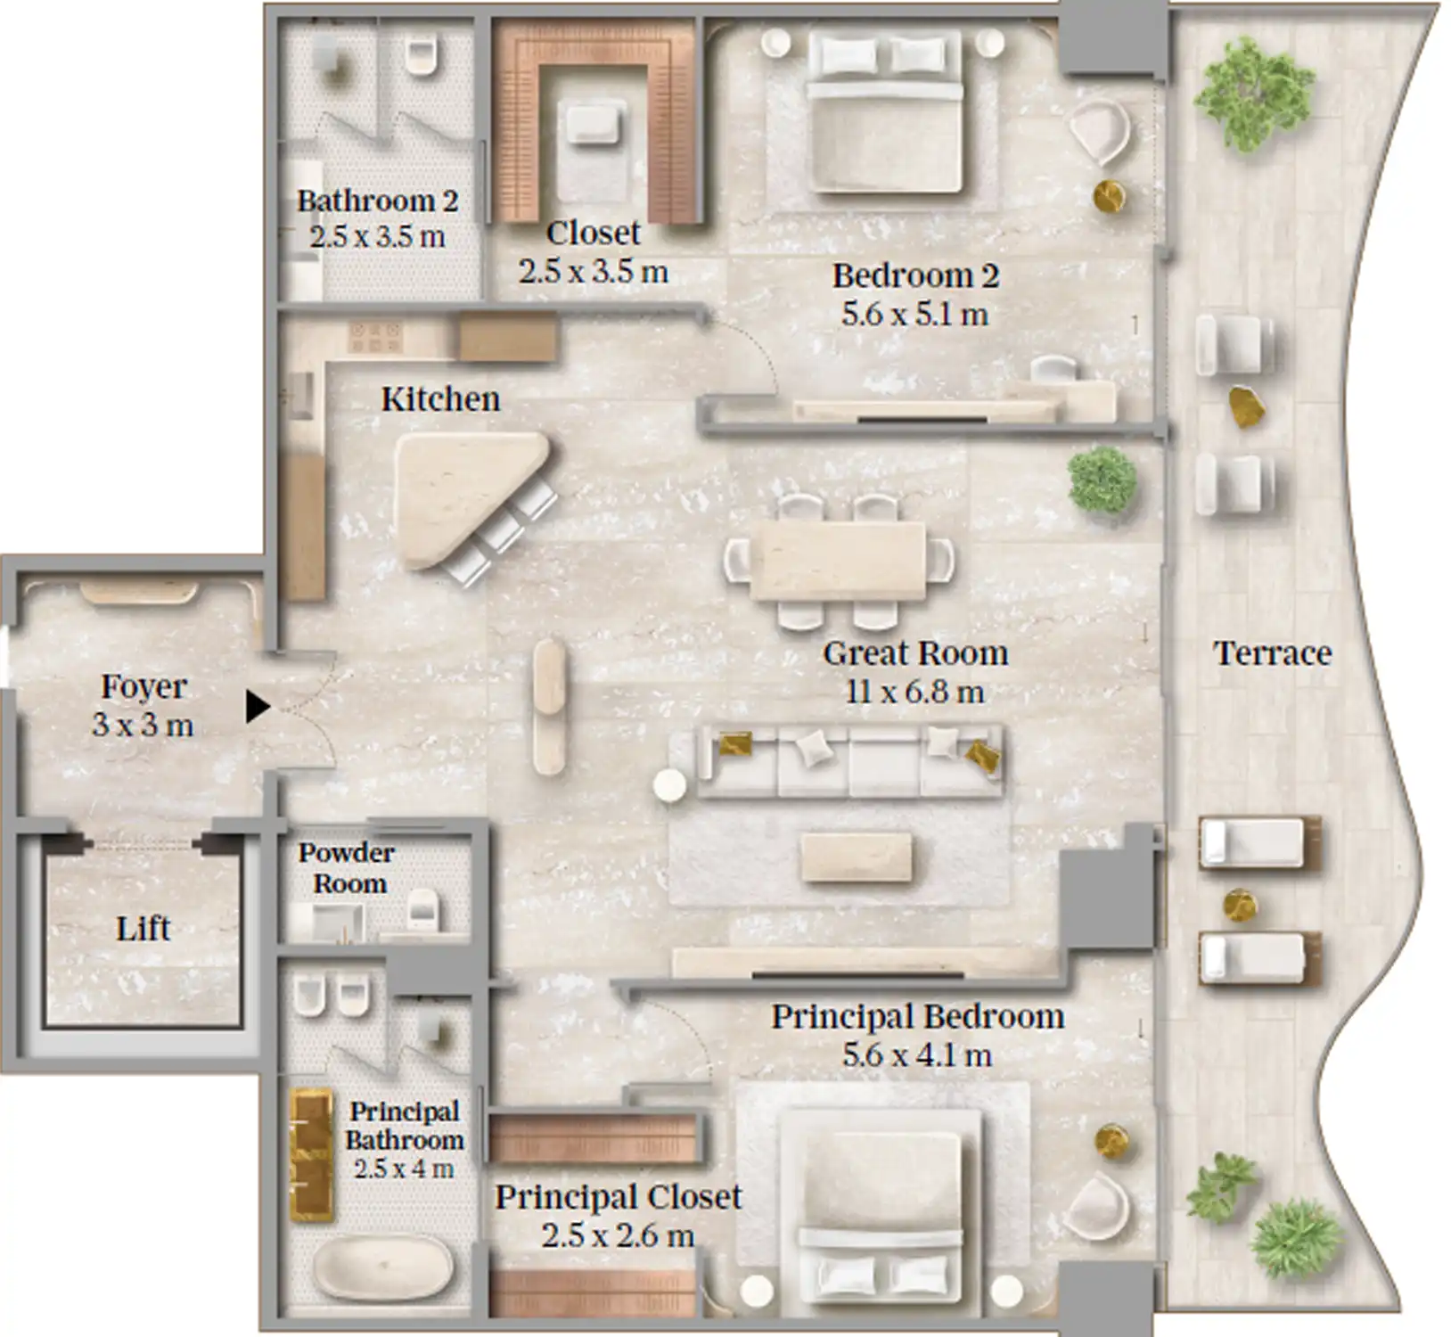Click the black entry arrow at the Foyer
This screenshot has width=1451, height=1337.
[257, 707]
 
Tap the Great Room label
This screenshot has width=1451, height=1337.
[915, 653]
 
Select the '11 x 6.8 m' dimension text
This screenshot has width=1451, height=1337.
[915, 692]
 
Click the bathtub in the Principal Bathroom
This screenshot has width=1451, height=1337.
[383, 1267]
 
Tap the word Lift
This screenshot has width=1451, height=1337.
[143, 929]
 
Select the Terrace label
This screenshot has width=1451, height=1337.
[1272, 653]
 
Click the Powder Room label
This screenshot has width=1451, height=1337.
[347, 868]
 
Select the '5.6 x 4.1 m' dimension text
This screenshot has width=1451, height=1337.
[917, 1055]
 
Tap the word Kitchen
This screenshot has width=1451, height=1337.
[440, 399]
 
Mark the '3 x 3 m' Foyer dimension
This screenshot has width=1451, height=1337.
[143, 725]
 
